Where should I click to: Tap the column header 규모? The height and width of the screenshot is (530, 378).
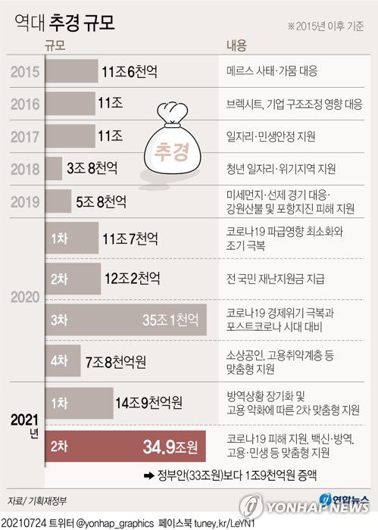click(55, 45)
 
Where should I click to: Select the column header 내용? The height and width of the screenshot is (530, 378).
click(236, 45)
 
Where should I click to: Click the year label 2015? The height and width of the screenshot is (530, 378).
click(26, 72)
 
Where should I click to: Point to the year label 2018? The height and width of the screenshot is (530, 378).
click(26, 169)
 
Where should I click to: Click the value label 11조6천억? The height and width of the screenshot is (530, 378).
click(129, 72)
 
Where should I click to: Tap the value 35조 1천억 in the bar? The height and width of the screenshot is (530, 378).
click(172, 320)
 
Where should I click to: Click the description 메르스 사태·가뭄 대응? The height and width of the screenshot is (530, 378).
click(272, 72)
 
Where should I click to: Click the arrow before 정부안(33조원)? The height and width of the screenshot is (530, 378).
click(145, 477)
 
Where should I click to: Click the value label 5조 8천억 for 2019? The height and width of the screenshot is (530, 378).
click(102, 202)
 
